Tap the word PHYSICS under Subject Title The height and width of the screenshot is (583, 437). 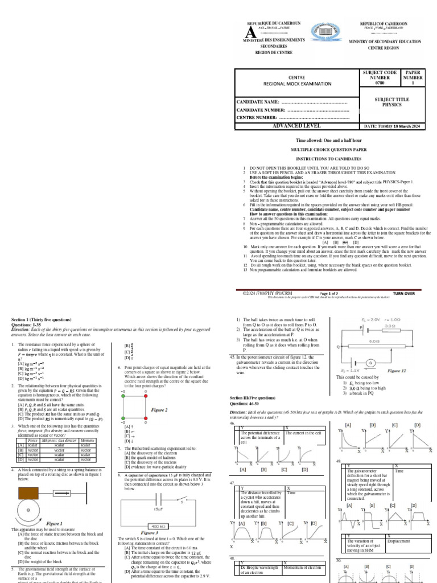391,105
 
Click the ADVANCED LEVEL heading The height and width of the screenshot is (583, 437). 297,126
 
